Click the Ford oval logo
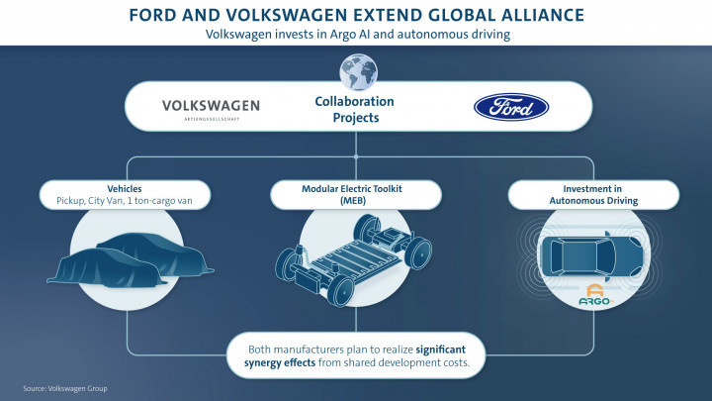pos(511,107)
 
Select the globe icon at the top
pos(358,72)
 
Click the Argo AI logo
pos(595,295)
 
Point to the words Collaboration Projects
pos(355,109)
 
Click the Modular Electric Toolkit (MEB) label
pos(352,195)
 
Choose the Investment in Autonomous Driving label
pos(593,195)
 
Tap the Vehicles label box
pos(125,195)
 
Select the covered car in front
pos(108,268)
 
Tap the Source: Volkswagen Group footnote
pos(65,389)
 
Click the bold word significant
pos(440,350)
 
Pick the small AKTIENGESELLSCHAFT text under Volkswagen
pos(212,119)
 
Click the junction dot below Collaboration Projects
pos(356,156)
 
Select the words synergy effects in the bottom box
pos(280,362)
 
